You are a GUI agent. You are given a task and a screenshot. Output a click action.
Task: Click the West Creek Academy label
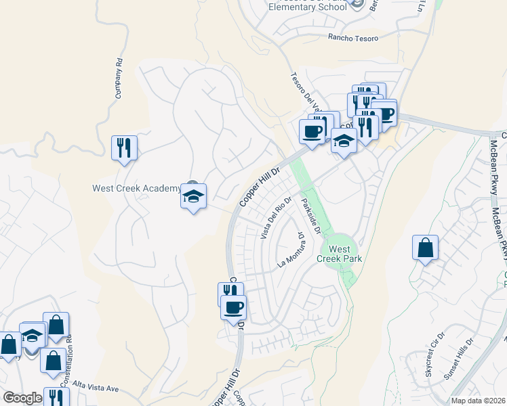136,188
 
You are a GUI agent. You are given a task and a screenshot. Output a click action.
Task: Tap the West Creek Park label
340,254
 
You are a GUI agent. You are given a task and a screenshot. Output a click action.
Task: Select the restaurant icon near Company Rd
124,148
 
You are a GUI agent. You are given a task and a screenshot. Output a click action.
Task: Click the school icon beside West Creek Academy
194,197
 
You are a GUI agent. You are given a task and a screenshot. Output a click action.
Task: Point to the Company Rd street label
119,78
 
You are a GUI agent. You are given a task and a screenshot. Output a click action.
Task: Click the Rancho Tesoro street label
353,38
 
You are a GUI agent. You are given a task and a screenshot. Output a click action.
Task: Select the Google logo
22,398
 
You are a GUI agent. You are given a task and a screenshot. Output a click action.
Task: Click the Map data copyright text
479,401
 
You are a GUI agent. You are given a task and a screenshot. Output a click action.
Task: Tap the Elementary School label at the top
297,7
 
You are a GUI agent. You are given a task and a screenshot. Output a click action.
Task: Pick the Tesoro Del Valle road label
304,95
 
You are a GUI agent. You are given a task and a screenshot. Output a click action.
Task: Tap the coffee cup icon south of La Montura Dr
233,308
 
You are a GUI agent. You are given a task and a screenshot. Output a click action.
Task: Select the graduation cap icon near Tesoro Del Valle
344,142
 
